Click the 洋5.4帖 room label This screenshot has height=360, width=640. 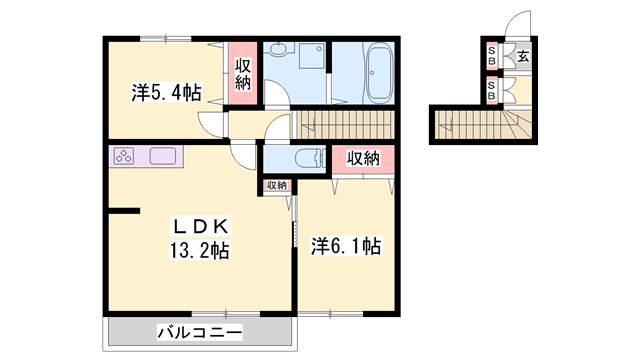[166, 92]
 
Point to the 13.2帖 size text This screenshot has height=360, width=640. [199, 250]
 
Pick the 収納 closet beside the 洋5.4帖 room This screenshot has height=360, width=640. [243, 74]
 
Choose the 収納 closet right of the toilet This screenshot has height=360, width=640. [364, 158]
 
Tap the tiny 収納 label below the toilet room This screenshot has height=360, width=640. [276, 185]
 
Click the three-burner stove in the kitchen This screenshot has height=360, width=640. [126, 156]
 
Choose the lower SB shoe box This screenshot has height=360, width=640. [492, 90]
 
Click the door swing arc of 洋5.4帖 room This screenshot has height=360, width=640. [211, 126]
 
